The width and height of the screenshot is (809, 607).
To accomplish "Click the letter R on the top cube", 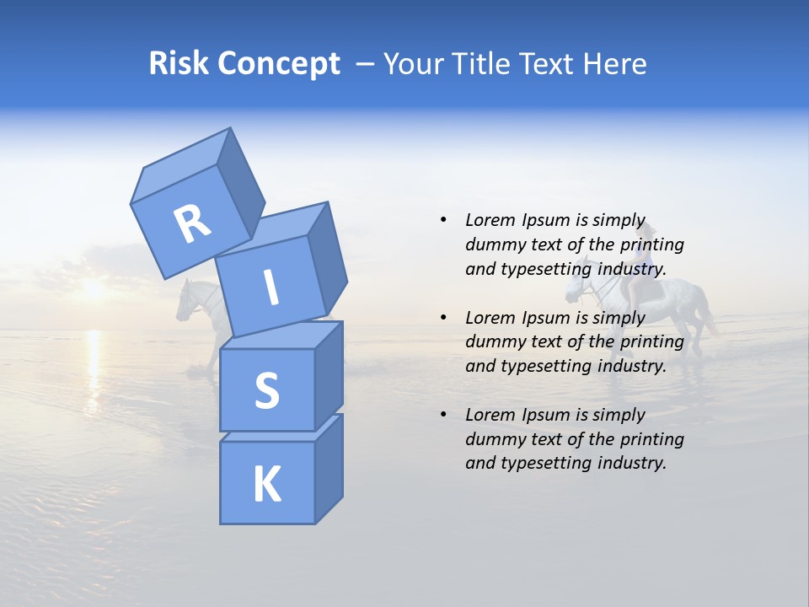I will pos(191,224).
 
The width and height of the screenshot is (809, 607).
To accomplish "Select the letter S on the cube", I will pos(266,390).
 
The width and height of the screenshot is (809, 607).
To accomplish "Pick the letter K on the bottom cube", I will pos(266,484).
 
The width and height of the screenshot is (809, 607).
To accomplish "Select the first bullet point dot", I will pos(443,220).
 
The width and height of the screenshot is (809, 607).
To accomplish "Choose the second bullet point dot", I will pos(443,318).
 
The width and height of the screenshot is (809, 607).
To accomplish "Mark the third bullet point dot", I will pos(443,415).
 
